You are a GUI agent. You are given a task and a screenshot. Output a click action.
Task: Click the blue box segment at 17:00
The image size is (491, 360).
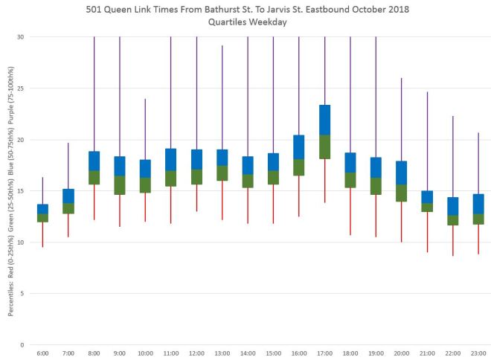324,120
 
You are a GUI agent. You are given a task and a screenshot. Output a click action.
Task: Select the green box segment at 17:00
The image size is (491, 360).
324,147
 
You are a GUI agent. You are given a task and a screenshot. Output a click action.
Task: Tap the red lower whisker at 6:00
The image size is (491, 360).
42,234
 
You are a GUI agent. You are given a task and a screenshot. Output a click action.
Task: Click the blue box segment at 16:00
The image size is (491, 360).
299,147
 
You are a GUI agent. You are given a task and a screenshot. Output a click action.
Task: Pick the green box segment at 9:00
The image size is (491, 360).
120,185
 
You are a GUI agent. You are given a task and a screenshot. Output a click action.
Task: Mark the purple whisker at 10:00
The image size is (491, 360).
145,129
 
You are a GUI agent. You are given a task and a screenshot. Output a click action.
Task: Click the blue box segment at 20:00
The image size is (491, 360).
402,173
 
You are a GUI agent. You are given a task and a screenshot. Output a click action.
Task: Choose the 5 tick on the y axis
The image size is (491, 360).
22,294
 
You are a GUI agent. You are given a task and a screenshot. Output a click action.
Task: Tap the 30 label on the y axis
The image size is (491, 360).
20,37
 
